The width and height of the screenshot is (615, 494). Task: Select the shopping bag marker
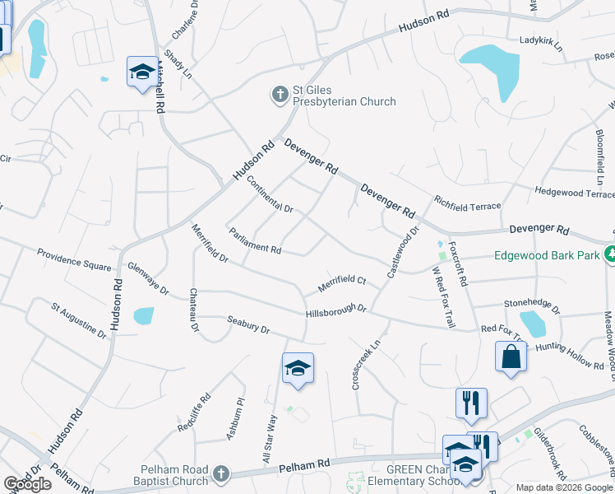[511, 357]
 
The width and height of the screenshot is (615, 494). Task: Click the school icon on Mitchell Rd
[141, 72]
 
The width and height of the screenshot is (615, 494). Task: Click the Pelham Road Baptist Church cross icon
[220, 474]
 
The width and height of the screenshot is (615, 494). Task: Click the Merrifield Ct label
[342, 285]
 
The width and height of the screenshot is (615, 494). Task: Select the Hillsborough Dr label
[335, 312]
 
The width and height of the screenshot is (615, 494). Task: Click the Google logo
[27, 484]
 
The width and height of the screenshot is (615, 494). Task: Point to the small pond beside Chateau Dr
[143, 315]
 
